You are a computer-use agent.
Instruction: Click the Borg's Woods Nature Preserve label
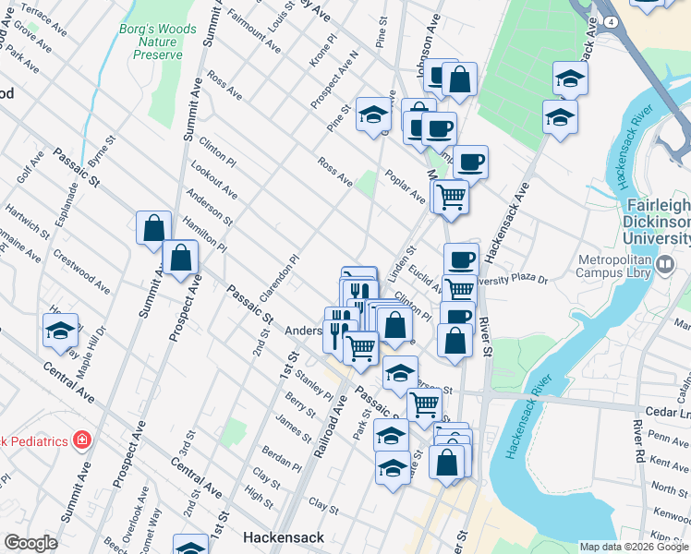(x=158, y=42)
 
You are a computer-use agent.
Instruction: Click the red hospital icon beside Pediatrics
(x=82, y=440)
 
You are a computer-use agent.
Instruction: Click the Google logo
(x=30, y=543)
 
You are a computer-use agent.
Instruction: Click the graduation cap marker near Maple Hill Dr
(x=61, y=330)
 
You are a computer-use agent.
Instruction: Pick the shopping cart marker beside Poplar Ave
(x=451, y=196)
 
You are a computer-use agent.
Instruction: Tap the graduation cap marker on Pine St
(x=373, y=114)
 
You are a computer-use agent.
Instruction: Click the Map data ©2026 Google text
(x=634, y=547)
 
